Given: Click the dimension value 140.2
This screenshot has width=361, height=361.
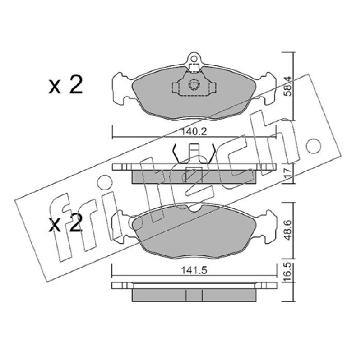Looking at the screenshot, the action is [194, 132].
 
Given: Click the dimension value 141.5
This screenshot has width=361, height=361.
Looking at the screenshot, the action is [194, 270].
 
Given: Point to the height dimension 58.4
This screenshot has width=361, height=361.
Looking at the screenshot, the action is [287, 86].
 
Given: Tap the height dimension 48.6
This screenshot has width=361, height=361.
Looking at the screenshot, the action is [287, 230].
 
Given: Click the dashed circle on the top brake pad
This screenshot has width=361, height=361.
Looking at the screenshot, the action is [194, 84].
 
